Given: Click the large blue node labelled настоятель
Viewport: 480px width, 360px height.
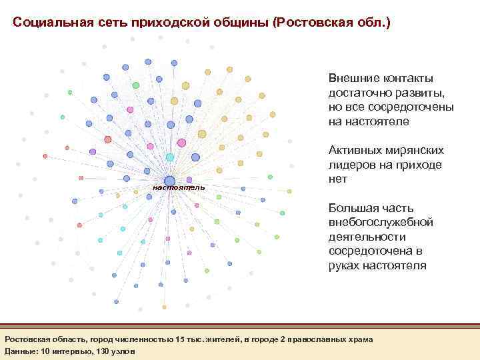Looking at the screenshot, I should (170, 181).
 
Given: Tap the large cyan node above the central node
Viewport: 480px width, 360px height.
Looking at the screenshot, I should (170, 157).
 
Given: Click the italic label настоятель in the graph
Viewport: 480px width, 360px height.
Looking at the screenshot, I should (179, 188).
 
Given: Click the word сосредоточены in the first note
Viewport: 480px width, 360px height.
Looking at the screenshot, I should (406, 107).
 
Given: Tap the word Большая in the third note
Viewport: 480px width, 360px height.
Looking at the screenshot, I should (352, 207).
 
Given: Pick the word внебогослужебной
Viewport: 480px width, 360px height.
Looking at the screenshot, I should (381, 222).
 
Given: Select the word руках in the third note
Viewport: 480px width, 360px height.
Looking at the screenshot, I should (345, 266).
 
